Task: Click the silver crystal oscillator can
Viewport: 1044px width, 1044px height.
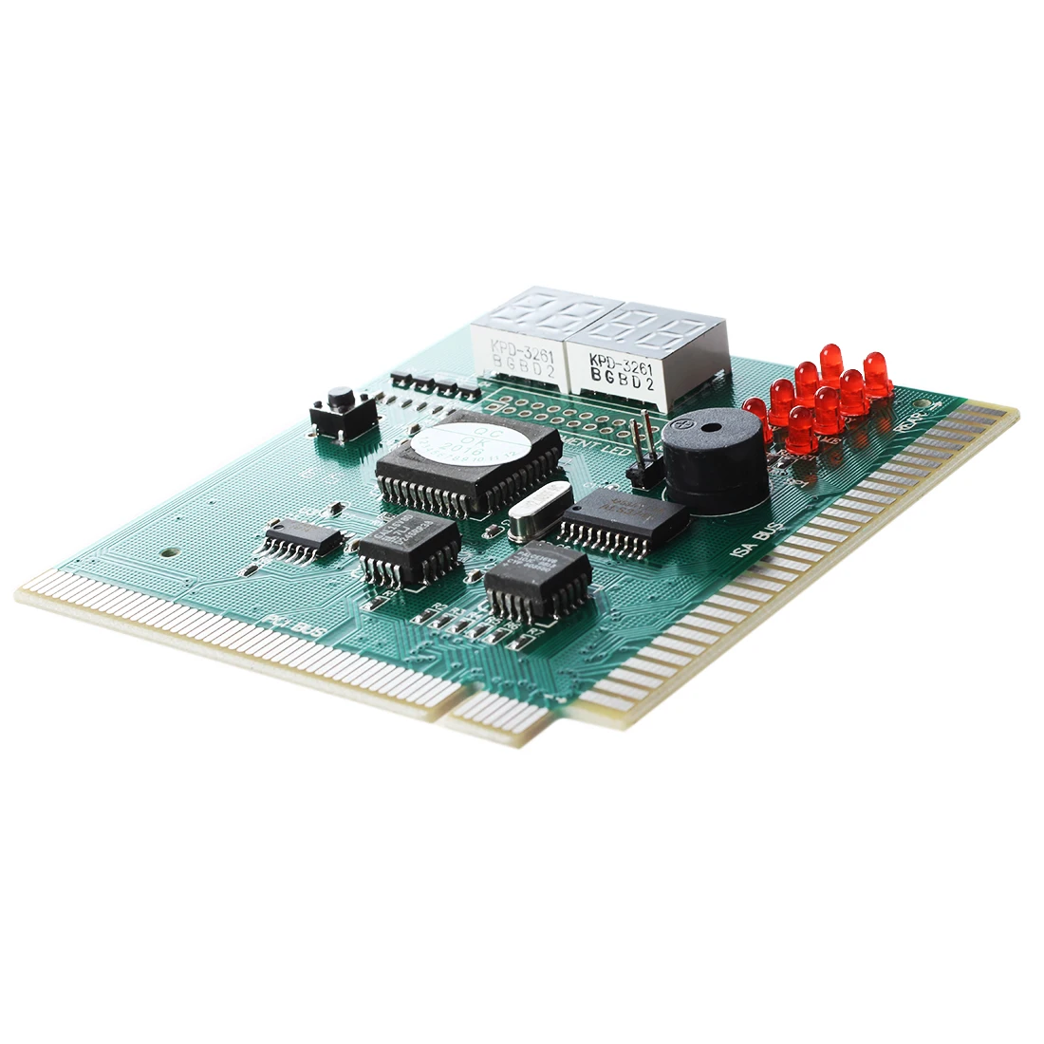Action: (539, 518)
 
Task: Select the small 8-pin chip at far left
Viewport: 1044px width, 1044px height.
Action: (304, 539)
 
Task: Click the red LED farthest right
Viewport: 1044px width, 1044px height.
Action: (876, 372)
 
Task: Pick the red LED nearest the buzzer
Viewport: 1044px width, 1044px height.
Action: (756, 418)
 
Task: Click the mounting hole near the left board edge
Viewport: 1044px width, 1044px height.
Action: (166, 549)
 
